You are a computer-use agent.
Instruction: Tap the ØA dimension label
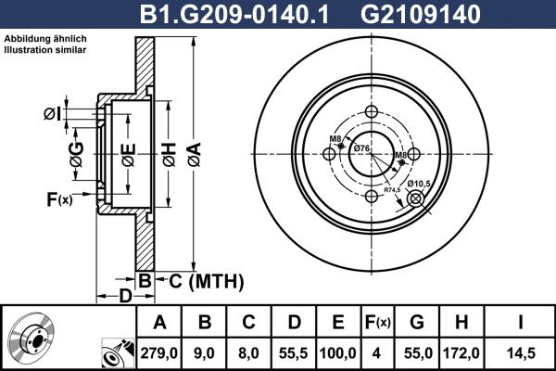tap(193, 149)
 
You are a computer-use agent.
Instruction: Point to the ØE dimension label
tap(129, 149)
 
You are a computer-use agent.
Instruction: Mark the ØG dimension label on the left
tap(77, 149)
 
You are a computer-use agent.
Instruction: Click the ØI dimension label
tap(53, 114)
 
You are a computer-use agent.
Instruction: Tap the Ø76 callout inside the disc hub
tap(361, 148)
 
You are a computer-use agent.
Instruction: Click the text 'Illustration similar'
tap(44, 50)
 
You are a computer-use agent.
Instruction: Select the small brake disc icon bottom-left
tap(32, 339)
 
